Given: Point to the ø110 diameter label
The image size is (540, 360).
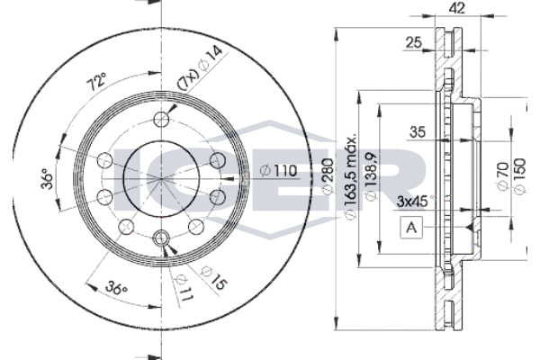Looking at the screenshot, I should coord(280,169).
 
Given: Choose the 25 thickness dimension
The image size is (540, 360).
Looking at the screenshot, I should coord(415,41).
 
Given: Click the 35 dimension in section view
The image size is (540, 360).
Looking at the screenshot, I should coord(418,132).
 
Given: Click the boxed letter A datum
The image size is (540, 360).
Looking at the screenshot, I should coord(411,228).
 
